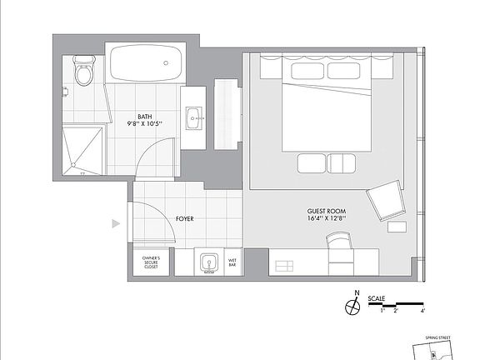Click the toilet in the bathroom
pos(83,72)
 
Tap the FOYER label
pos(185,219)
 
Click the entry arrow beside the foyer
pos(116,223)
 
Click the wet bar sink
pos(208,264)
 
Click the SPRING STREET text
pos(437,339)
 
